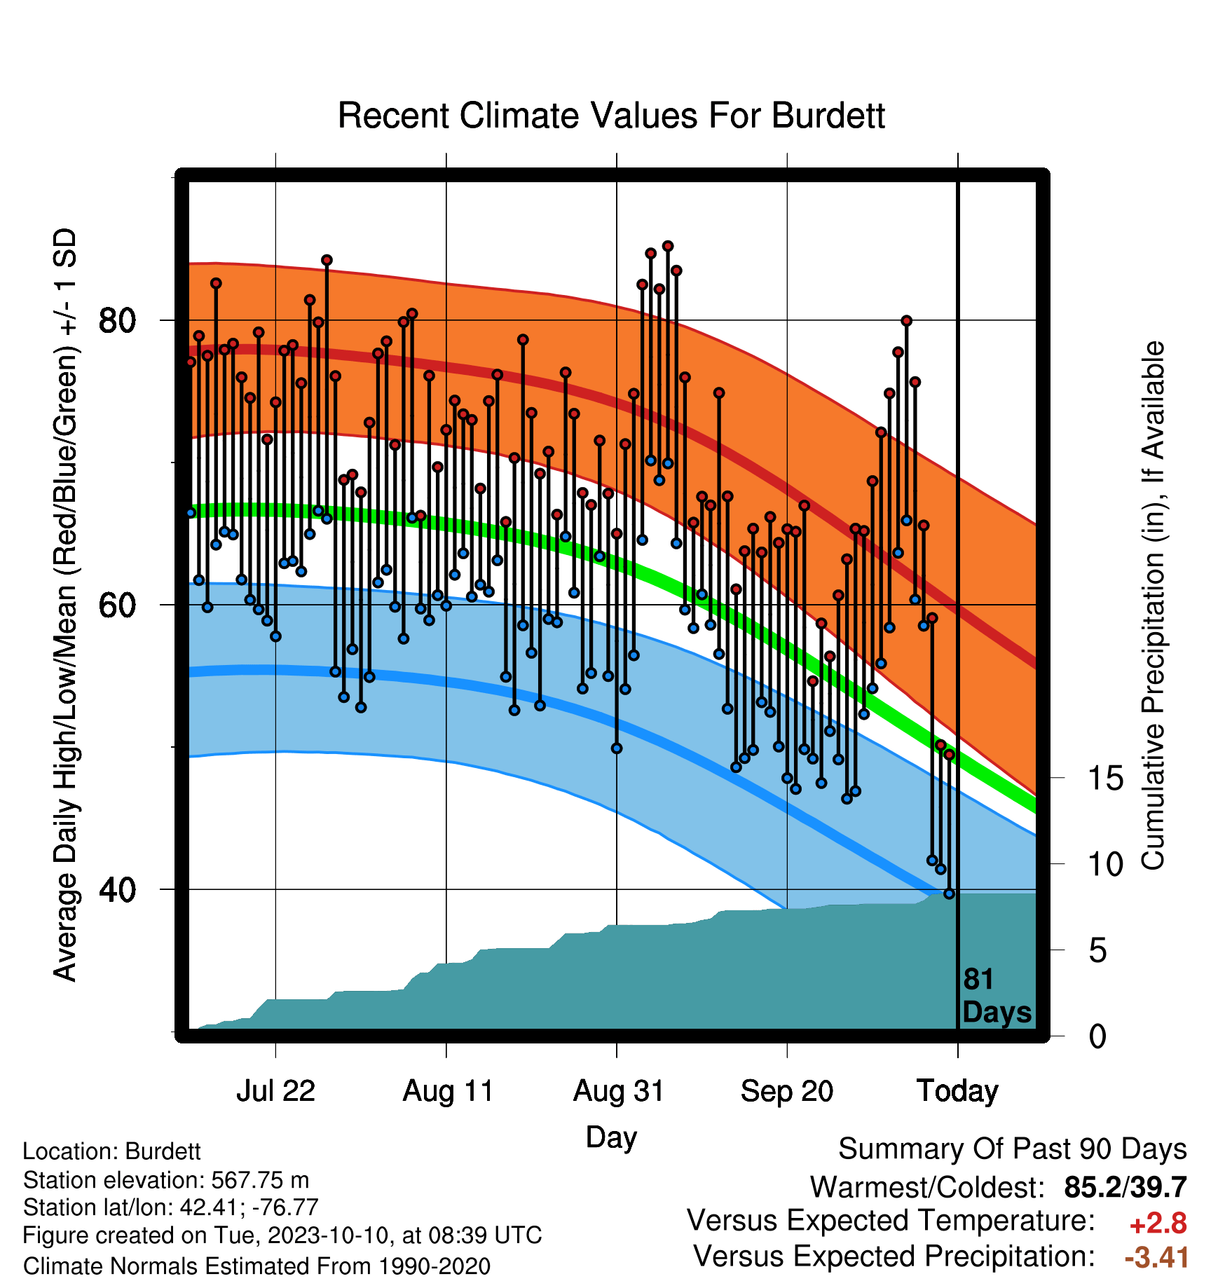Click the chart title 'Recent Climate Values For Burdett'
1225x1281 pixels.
point(611,116)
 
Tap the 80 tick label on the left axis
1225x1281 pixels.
point(117,321)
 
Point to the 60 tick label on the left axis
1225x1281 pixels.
point(117,605)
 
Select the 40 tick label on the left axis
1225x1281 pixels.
point(117,889)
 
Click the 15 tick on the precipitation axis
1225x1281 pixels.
point(1105,779)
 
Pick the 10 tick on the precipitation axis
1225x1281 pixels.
point(1105,864)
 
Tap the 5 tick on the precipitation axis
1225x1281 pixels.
point(1097,951)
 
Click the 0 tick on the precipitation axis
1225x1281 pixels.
point(1097,1036)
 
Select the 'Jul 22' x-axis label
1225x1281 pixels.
point(275,1091)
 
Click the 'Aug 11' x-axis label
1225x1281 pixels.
point(448,1091)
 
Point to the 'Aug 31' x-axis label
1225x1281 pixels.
point(618,1091)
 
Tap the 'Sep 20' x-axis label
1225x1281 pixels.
point(787,1091)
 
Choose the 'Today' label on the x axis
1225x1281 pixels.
point(957,1091)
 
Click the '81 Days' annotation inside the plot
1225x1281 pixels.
point(997,996)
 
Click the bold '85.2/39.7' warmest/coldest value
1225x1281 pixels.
point(1125,1187)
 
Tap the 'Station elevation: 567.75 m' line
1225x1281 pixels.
point(166,1180)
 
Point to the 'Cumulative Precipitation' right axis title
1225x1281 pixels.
point(1153,606)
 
